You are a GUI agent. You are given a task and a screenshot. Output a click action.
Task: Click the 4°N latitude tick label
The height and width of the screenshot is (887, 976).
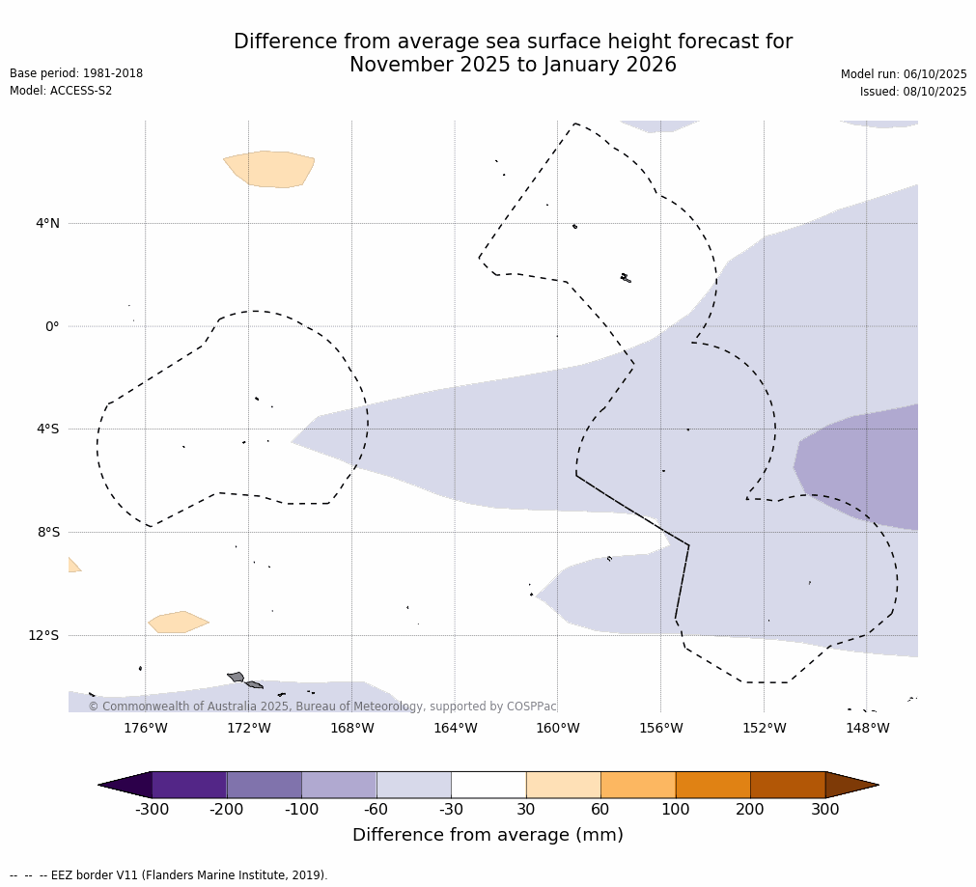pyautogui.click(x=47, y=224)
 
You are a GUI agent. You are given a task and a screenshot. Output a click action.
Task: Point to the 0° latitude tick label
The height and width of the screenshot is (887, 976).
pyautogui.click(x=52, y=326)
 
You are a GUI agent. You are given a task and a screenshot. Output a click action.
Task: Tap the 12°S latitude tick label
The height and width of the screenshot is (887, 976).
pyautogui.click(x=43, y=635)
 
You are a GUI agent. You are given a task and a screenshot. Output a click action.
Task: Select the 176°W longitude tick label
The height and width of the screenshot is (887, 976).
pyautogui.click(x=146, y=729)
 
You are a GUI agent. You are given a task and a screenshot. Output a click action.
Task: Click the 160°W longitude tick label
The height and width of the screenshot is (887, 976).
pyautogui.click(x=558, y=729)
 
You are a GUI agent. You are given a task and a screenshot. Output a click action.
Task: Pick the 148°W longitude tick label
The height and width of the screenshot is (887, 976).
pyautogui.click(x=867, y=729)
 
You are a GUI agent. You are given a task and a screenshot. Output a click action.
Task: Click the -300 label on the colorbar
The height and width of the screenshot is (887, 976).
pyautogui.click(x=153, y=810)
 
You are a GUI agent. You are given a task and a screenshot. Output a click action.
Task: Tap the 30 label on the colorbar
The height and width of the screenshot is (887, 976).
pyautogui.click(x=526, y=810)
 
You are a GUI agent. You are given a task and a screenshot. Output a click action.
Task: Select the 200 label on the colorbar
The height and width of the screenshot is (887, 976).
pyautogui.click(x=750, y=810)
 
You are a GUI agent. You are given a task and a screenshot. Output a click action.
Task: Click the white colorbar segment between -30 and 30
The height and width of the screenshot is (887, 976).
pyautogui.click(x=488, y=785)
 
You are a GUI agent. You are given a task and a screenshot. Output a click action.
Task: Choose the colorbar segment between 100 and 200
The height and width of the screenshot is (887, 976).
pyautogui.click(x=712, y=785)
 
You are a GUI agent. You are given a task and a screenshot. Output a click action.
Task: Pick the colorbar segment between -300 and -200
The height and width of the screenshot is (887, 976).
pyautogui.click(x=189, y=785)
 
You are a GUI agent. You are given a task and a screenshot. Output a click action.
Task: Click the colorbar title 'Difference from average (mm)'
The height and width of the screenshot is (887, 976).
pyautogui.click(x=488, y=836)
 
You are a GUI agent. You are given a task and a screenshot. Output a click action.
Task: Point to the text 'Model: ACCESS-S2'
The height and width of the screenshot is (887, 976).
pyautogui.click(x=61, y=91)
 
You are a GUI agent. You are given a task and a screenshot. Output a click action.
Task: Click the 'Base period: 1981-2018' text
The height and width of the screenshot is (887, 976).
pyautogui.click(x=76, y=73)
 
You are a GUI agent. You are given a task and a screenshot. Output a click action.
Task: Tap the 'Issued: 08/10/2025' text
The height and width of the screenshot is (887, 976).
pyautogui.click(x=913, y=92)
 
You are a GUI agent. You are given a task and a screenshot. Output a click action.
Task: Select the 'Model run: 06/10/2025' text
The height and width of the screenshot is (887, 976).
pyautogui.click(x=904, y=74)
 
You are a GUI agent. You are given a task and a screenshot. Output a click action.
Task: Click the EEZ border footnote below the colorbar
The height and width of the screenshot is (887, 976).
pyautogui.click(x=169, y=875)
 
